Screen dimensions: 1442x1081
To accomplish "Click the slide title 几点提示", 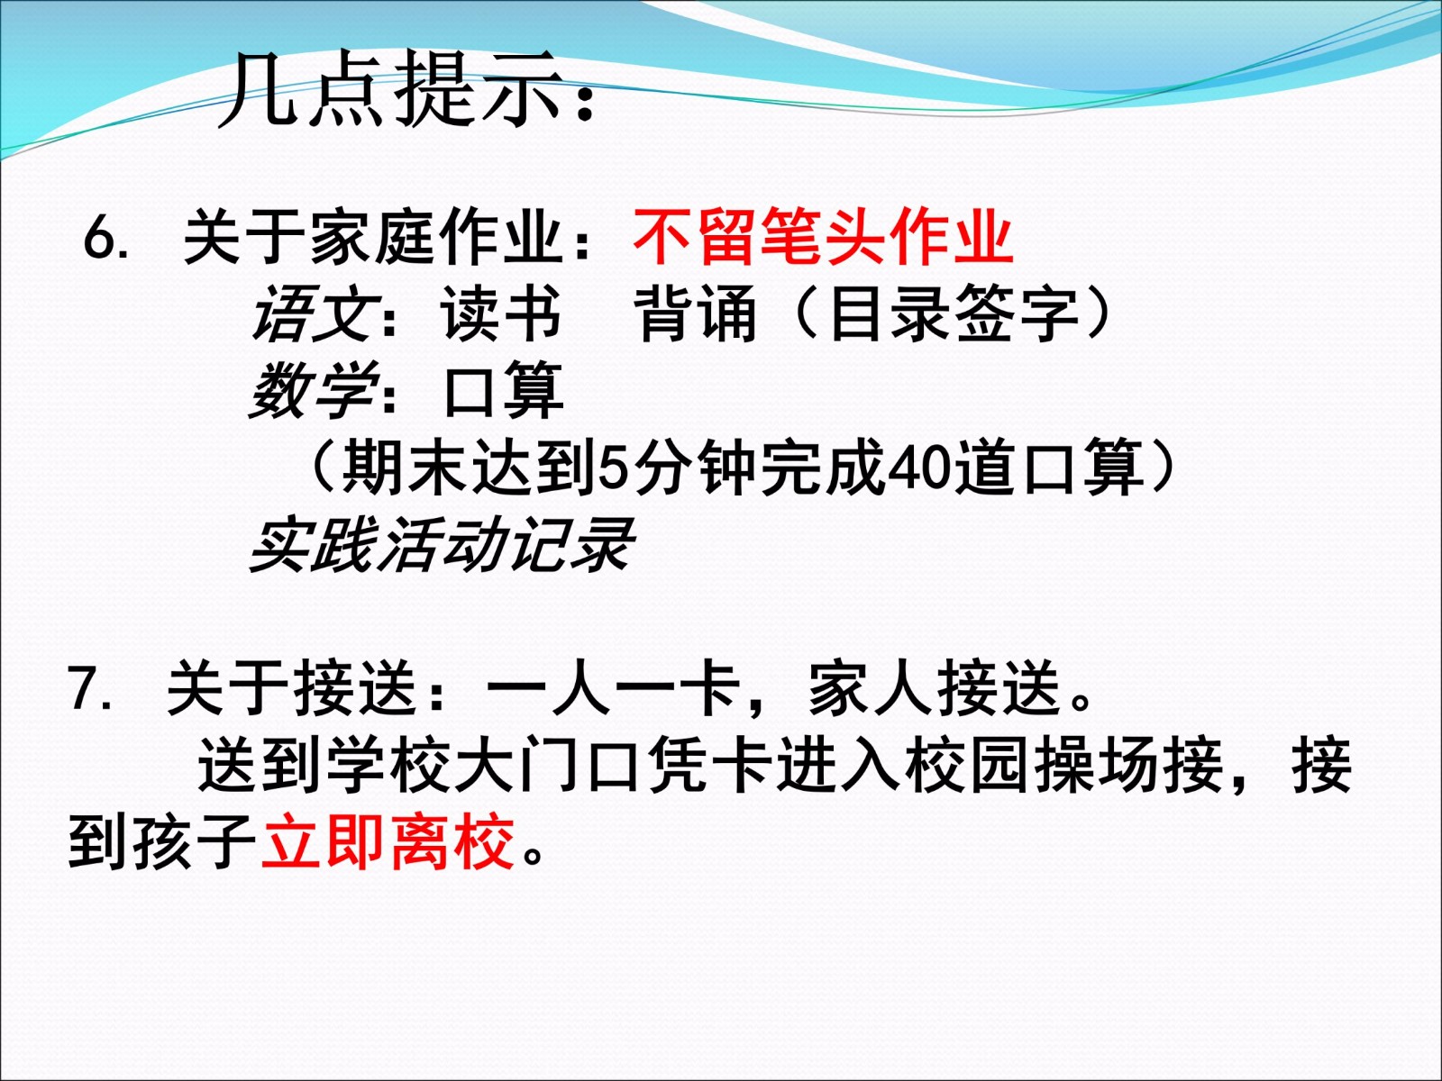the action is [x=390, y=88].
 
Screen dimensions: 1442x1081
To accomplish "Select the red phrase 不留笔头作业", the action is [x=823, y=236].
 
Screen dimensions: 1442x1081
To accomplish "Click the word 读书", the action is [x=500, y=313].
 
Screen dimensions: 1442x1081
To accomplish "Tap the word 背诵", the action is [x=695, y=313].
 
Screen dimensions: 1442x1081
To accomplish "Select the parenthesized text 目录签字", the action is [x=954, y=313].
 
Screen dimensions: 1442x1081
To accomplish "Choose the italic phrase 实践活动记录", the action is [x=442, y=544].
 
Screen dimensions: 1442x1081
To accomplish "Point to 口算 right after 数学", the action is [x=503, y=390].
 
